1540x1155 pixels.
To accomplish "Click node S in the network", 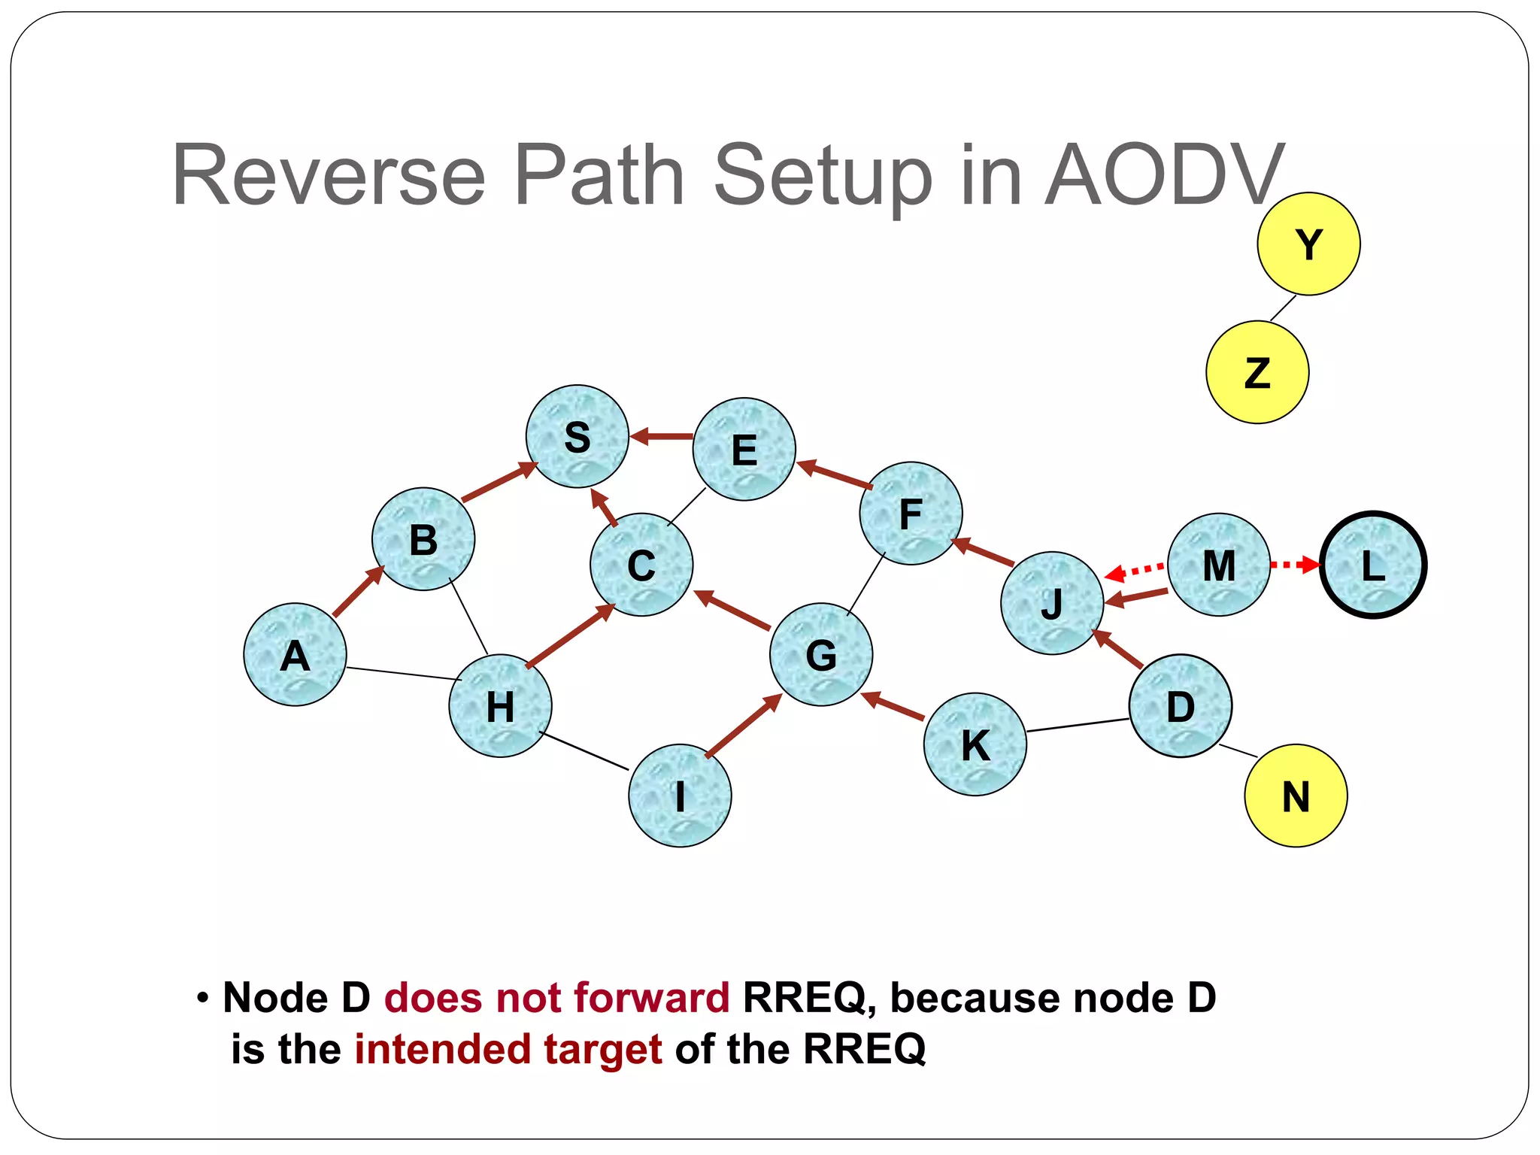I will click(577, 437).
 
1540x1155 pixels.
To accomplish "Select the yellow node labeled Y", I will click(1308, 244).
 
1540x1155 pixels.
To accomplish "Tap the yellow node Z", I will click(1257, 372).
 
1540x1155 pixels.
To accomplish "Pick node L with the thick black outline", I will click(1373, 565).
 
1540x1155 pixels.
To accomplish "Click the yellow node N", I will click(1296, 796).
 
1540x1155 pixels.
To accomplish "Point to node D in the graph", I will click(1181, 706).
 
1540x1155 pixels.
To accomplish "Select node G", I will click(821, 654).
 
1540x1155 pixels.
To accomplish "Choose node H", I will click(500, 706).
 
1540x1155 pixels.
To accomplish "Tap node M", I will click(1219, 565).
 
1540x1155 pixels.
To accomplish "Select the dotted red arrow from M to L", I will click(1295, 564).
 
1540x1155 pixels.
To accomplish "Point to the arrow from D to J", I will click(1117, 649).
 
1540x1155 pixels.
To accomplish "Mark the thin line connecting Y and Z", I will click(1284, 308).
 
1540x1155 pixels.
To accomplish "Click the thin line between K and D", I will click(1078, 725).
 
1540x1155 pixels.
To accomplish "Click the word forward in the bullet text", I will click(651, 998).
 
